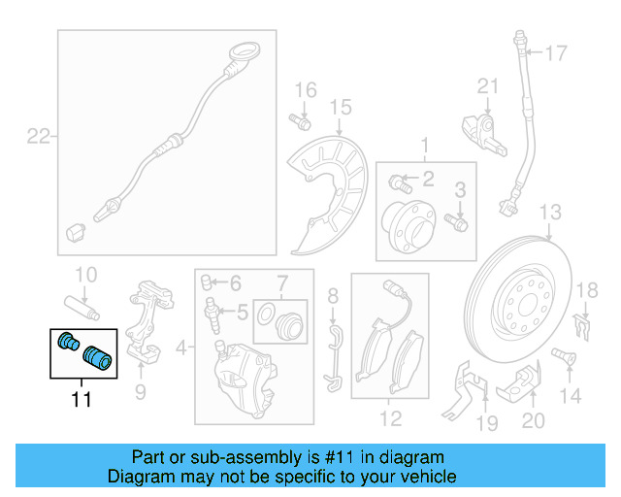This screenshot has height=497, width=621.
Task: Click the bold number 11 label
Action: pos(82,398)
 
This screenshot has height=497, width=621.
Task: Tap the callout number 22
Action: pos(37,137)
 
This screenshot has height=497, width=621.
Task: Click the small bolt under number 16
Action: pos(300,122)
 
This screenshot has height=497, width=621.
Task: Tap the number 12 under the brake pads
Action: pos(389,419)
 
